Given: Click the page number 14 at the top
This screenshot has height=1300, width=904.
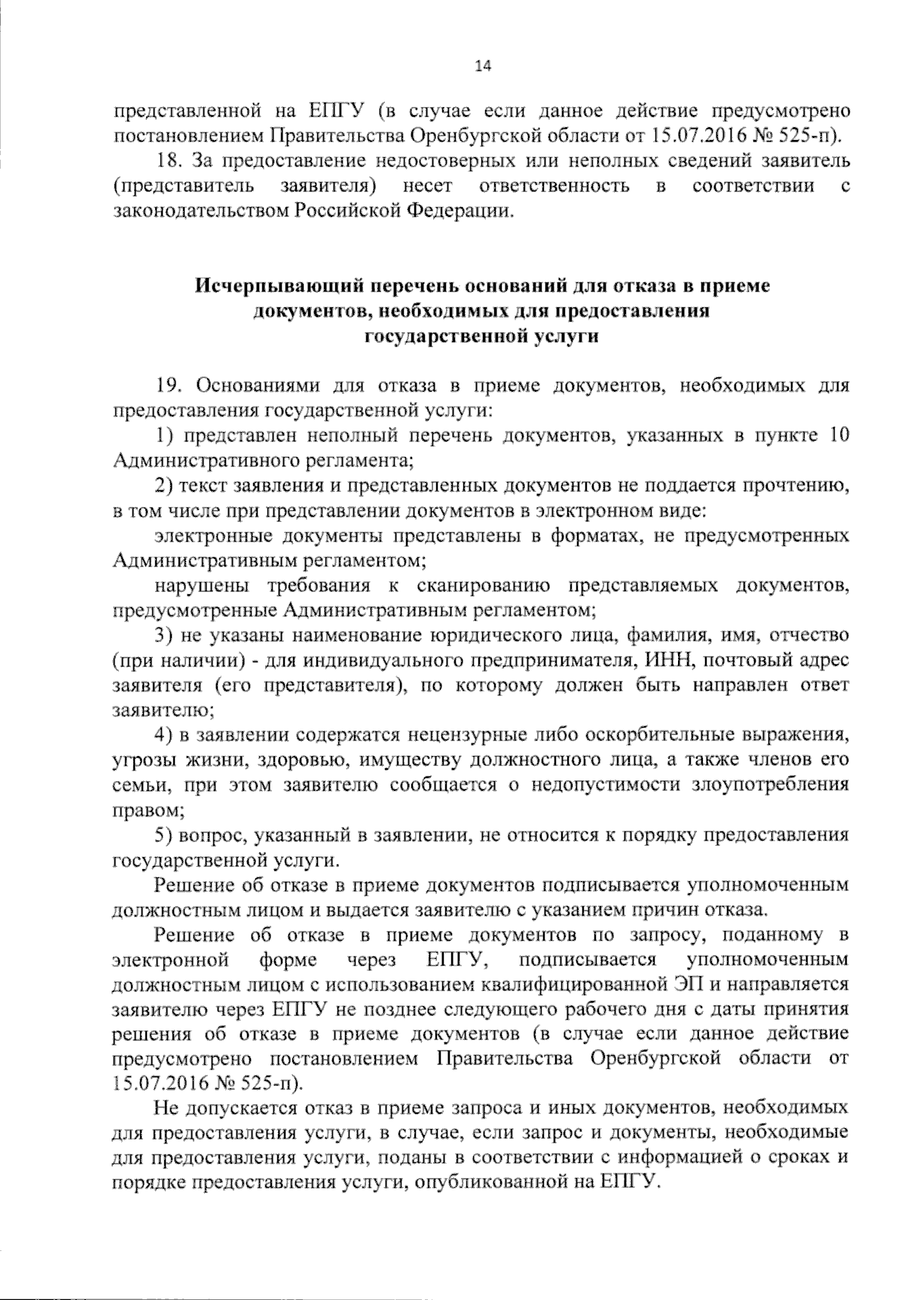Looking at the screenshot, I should click(482, 66).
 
